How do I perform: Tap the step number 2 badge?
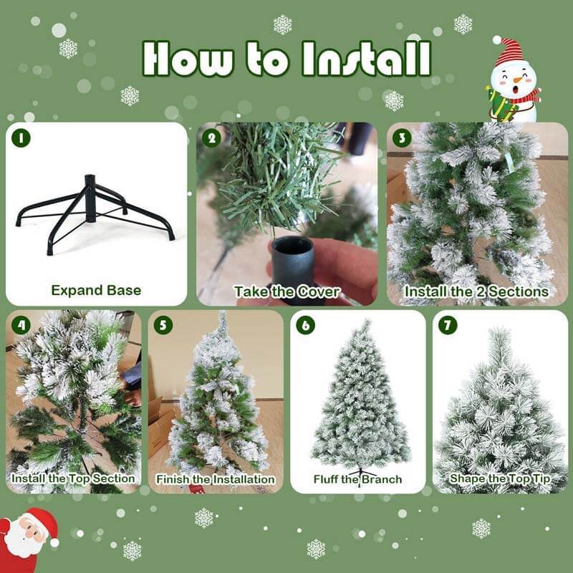click(x=211, y=138)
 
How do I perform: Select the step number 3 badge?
click(x=402, y=138)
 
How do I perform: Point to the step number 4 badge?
click(x=21, y=324)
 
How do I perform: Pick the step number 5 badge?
click(x=164, y=324)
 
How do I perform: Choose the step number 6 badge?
click(x=306, y=324)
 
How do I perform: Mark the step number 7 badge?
click(x=448, y=324)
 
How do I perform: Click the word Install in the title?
click(x=366, y=59)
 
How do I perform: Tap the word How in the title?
click(x=186, y=59)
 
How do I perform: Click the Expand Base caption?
click(x=96, y=290)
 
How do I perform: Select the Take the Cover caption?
click(x=286, y=292)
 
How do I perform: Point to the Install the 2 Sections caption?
click(x=476, y=292)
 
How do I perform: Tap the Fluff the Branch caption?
click(x=357, y=478)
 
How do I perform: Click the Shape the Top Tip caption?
click(x=500, y=478)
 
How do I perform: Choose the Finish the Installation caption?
click(x=216, y=478)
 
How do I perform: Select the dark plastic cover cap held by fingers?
click(x=292, y=259)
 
